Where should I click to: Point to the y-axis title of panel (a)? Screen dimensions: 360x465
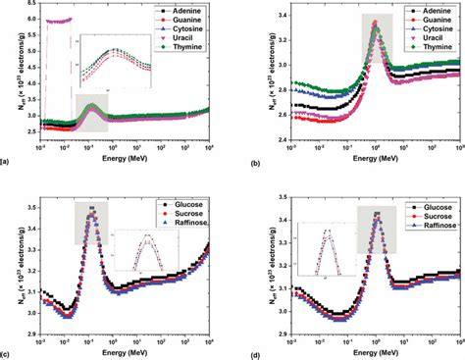[x=11, y=78]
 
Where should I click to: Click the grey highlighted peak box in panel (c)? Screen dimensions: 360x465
[x=92, y=224]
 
